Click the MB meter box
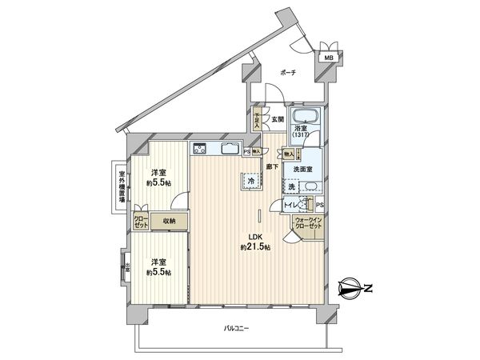(329, 58)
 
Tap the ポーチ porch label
(288, 73)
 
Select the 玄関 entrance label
(277, 119)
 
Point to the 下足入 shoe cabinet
(258, 120)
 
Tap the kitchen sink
(229, 149)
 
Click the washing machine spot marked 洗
(291, 186)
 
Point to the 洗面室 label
(302, 170)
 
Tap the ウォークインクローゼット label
(308, 223)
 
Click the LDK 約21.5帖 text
(258, 242)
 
